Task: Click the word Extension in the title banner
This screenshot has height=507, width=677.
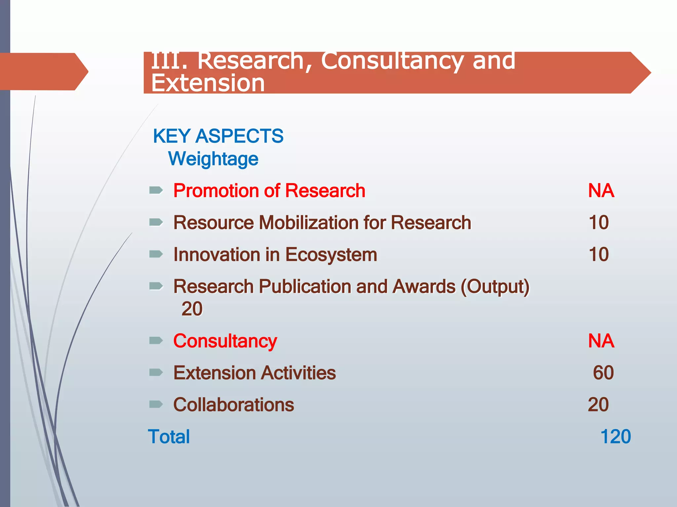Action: click(208, 83)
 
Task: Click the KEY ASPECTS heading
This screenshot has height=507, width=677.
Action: click(218, 136)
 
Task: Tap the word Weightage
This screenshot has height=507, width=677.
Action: click(213, 159)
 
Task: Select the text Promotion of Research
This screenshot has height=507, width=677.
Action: click(269, 191)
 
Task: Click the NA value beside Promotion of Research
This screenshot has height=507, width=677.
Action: click(601, 191)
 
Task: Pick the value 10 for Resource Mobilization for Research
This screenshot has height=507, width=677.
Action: click(599, 222)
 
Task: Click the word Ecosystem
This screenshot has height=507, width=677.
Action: click(331, 254)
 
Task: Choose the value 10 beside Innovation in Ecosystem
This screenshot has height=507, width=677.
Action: click(599, 254)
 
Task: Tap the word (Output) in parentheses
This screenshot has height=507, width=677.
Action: click(495, 287)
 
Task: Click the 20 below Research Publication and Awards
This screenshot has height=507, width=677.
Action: click(192, 309)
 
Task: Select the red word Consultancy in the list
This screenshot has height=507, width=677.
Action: click(225, 341)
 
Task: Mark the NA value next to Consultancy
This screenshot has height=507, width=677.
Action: click(601, 341)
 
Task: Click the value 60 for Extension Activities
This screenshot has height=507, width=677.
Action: click(603, 373)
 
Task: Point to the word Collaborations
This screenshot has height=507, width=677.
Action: click(234, 405)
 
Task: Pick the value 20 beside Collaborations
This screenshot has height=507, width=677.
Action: click(598, 405)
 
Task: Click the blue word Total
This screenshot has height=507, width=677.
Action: click(169, 437)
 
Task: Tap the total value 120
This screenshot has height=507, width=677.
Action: click(615, 437)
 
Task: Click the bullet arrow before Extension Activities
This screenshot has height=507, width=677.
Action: click(156, 373)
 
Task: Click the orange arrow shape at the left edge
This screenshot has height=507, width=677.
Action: click(43, 72)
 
